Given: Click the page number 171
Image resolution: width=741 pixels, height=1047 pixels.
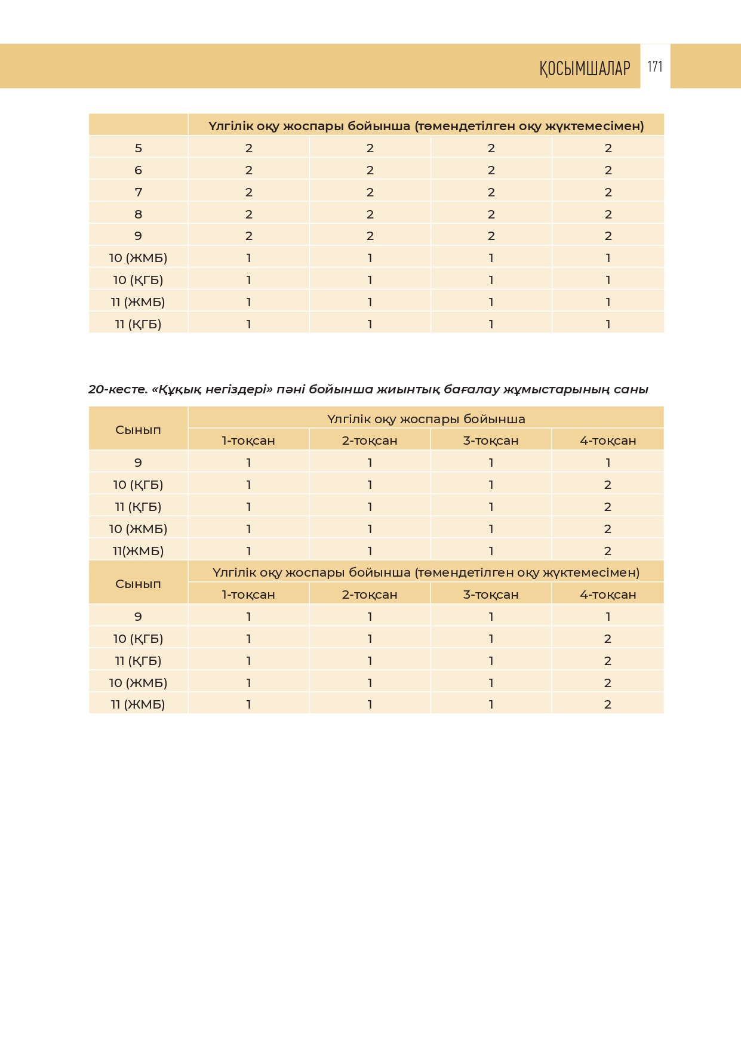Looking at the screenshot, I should pos(655,66).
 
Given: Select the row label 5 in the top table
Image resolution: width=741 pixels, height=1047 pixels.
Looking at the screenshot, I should pos(138,148).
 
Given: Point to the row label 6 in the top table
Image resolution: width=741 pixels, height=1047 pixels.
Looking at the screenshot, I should pos(138,170).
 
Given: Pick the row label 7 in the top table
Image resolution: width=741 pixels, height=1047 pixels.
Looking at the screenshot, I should pos(138,192).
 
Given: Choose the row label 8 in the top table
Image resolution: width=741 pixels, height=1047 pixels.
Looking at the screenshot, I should pos(138,214).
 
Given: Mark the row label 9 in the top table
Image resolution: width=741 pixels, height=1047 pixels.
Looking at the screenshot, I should pos(138,236).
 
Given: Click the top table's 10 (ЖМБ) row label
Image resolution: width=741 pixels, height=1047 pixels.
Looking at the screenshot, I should pos(138,258).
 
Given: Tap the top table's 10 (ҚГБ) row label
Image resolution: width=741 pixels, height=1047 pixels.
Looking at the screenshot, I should pos(138,280).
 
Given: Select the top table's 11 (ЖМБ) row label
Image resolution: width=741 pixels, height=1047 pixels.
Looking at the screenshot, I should pos(138,302).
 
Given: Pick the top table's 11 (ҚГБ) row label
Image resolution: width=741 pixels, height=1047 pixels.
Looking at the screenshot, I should pos(138,324).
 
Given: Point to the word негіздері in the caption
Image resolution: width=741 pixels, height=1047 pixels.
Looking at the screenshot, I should pos(238,390).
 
